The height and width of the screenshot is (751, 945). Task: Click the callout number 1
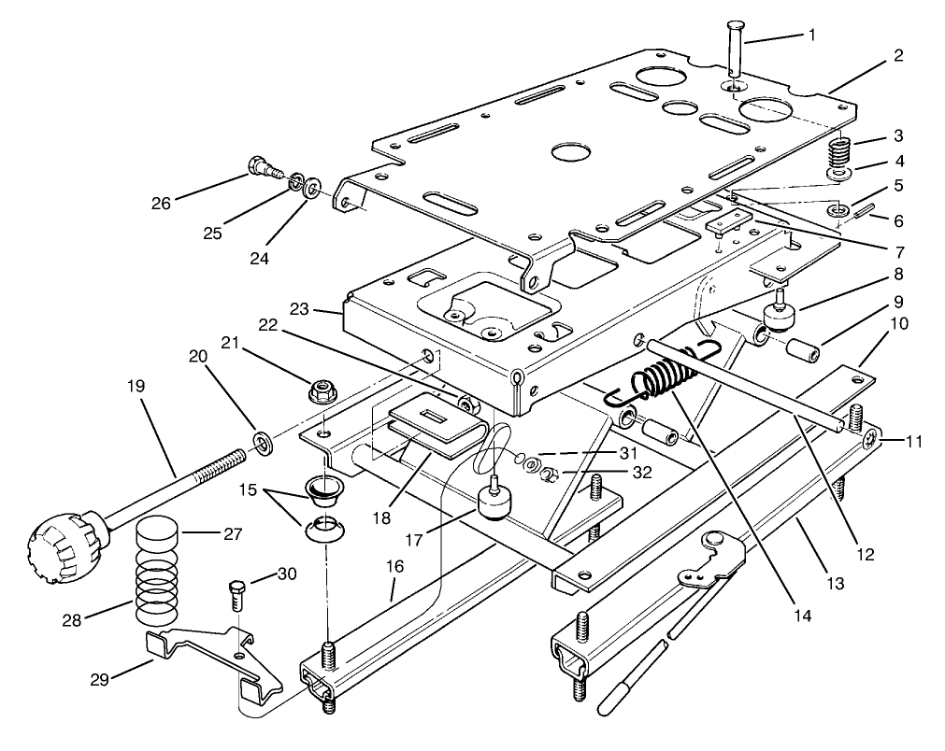[811, 35]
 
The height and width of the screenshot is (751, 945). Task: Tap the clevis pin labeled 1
[734, 58]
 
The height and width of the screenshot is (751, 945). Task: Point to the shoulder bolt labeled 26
[261, 170]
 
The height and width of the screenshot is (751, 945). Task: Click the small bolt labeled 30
[236, 592]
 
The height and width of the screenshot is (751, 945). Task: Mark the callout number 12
[865, 554]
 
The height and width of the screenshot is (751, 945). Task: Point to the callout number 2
[896, 55]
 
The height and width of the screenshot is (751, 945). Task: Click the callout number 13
[835, 584]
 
